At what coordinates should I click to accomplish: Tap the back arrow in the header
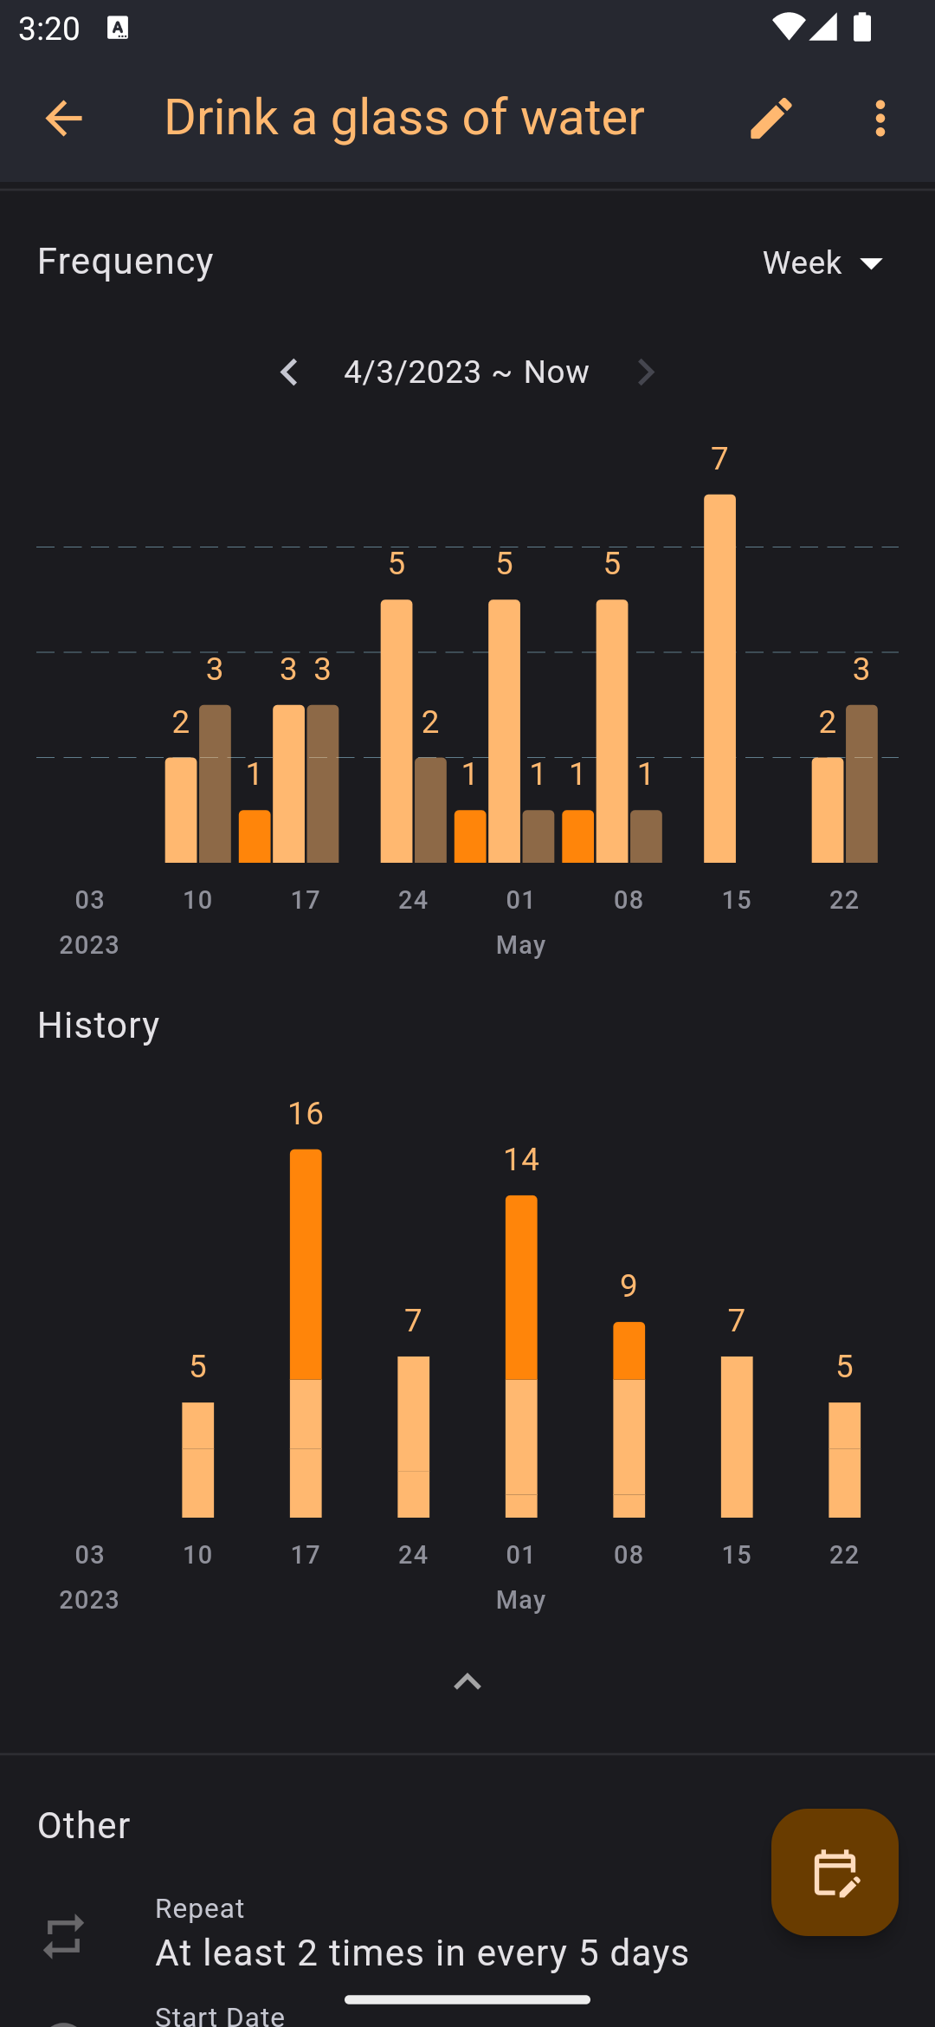click(63, 118)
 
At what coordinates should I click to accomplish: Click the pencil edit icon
click(771, 118)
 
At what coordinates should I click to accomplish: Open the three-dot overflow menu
click(880, 118)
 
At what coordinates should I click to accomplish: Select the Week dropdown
click(822, 263)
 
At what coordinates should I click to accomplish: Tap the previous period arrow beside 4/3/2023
click(289, 372)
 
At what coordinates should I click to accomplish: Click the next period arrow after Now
click(646, 372)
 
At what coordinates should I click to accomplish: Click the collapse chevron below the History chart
click(467, 1682)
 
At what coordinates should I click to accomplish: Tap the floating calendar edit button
click(835, 1872)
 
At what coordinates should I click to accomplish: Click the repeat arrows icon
click(64, 1936)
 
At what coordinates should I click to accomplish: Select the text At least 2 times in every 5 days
click(422, 1953)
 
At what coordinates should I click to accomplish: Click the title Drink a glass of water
click(404, 118)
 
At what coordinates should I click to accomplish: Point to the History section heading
click(99, 1026)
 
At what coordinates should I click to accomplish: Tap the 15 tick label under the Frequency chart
click(737, 900)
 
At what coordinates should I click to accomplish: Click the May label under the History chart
click(521, 1600)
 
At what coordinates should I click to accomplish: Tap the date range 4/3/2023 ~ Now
click(467, 372)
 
